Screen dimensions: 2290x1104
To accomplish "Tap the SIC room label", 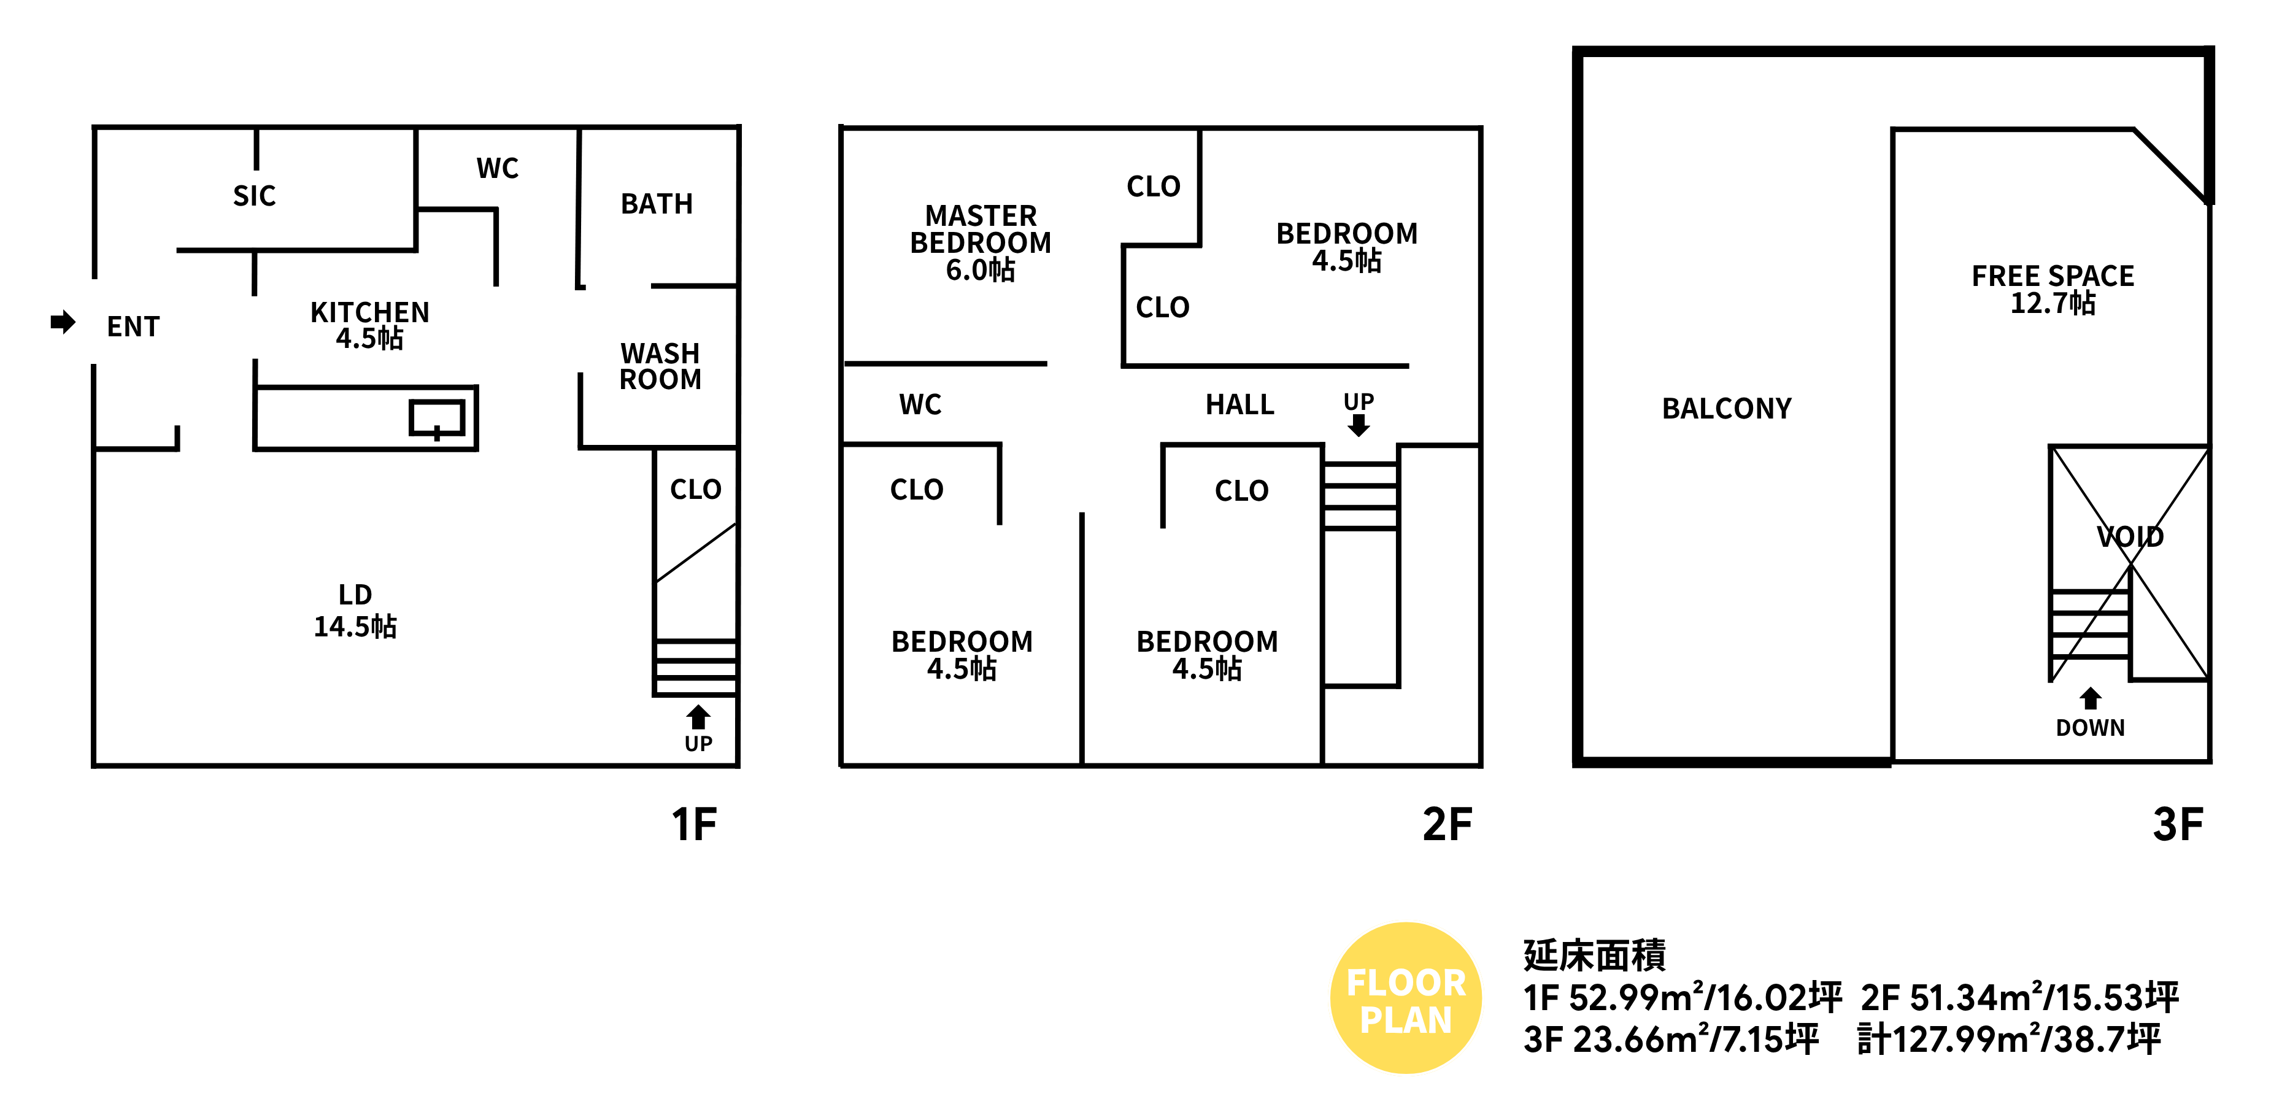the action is (x=254, y=196).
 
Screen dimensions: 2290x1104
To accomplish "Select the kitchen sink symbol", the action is (x=436, y=418).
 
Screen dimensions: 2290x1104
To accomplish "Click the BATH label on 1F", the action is (x=657, y=204).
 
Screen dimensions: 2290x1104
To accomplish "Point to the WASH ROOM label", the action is (x=660, y=366).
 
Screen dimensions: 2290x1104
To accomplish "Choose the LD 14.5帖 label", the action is (x=356, y=611).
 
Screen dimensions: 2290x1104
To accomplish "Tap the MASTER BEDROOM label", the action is (x=981, y=242).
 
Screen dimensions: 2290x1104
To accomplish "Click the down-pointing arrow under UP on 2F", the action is (x=1359, y=426).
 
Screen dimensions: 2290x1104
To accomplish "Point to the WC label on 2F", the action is (x=920, y=404).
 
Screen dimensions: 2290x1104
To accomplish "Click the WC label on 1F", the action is (x=497, y=168).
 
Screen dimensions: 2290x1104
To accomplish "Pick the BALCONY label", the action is (x=1726, y=408).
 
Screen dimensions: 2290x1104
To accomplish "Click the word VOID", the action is (x=2130, y=536).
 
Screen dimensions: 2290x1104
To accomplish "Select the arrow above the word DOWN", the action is (x=2090, y=698).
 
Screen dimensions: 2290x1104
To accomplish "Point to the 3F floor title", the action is (x=2178, y=824).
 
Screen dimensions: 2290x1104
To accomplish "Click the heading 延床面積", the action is (x=1595, y=955).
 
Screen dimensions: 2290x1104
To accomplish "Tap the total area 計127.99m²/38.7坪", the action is (x=2009, y=1038).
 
